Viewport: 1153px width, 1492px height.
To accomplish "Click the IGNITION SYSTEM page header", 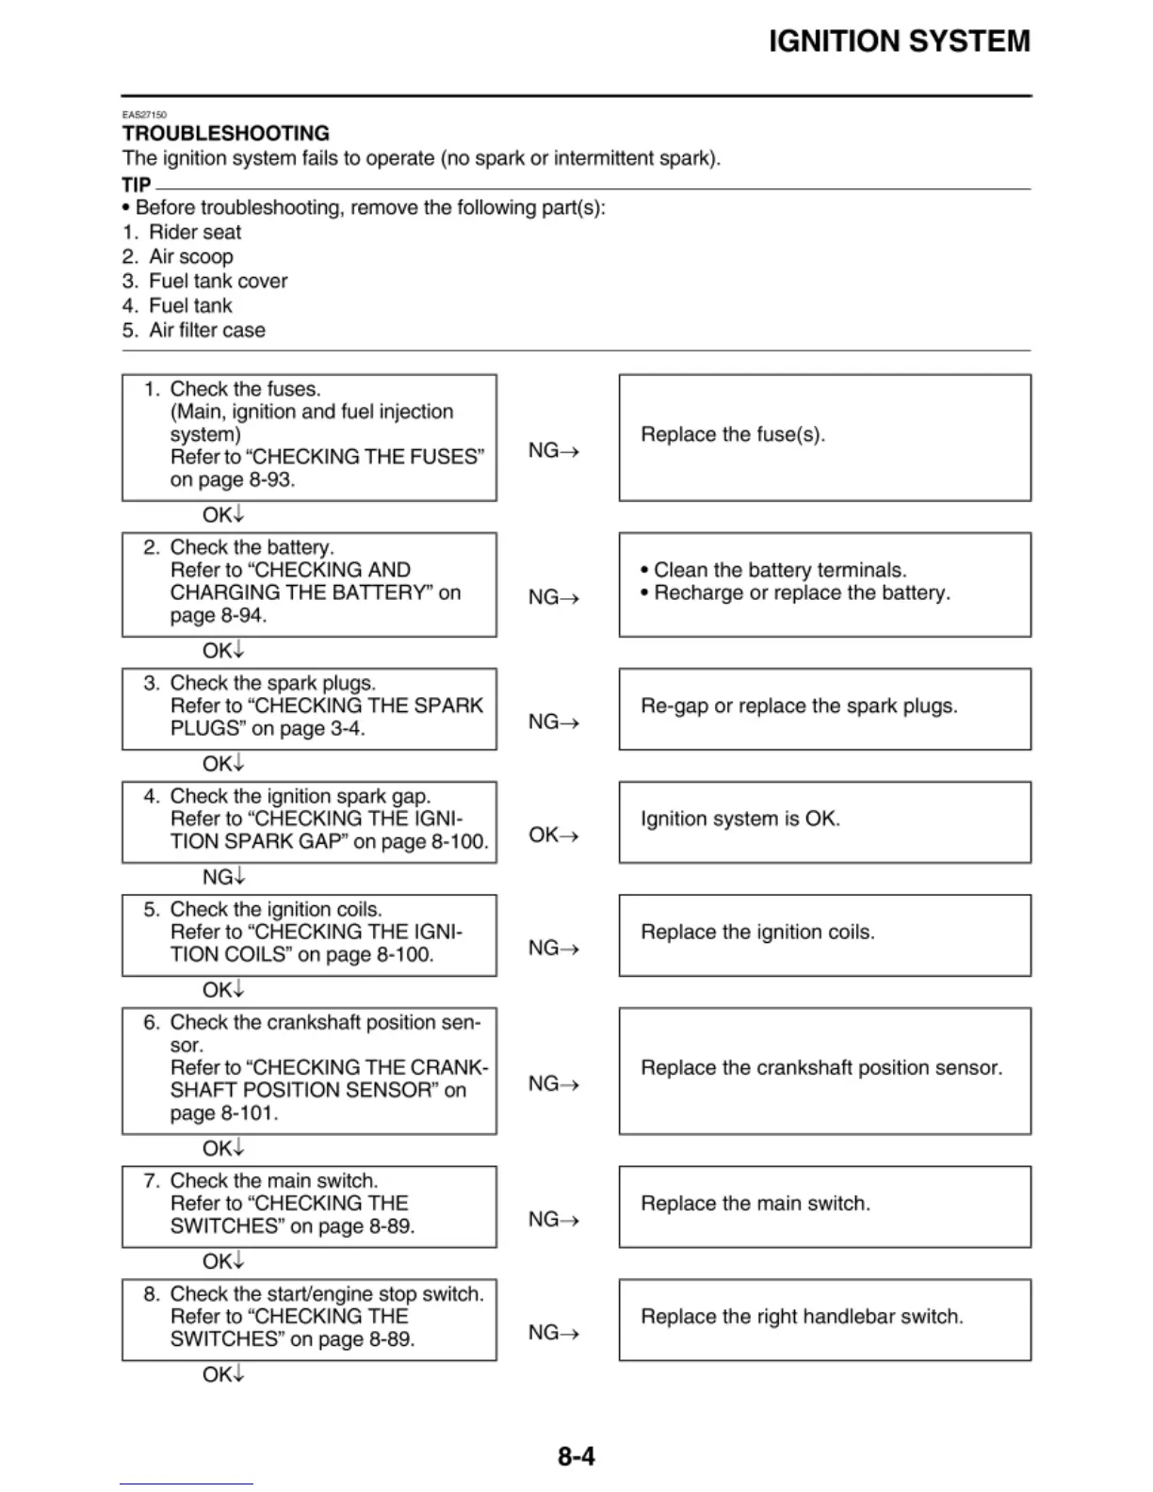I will pyautogui.click(x=899, y=41).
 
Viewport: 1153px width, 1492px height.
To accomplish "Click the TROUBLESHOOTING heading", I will pyautogui.click(x=226, y=134).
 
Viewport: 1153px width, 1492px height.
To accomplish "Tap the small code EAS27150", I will pyautogui.click(x=144, y=115).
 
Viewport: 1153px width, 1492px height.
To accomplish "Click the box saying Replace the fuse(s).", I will pyautogui.click(x=824, y=437).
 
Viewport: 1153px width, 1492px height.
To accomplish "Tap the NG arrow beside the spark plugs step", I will pyautogui.click(x=553, y=722).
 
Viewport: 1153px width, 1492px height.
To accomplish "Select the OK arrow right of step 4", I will pyautogui.click(x=553, y=835).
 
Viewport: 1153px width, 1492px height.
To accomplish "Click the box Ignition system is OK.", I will pyautogui.click(x=824, y=821).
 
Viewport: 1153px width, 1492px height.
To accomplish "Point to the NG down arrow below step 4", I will pyautogui.click(x=223, y=877).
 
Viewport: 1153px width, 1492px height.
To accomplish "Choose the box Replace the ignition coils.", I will pyautogui.click(x=824, y=934).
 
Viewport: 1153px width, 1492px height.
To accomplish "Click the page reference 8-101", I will pyautogui.click(x=248, y=1112).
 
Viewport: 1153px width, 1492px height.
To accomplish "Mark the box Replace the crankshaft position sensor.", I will pyautogui.click(x=824, y=1070).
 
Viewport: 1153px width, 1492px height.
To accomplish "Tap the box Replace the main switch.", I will pyautogui.click(x=824, y=1206).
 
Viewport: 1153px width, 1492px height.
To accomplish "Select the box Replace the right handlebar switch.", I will pyautogui.click(x=824, y=1319).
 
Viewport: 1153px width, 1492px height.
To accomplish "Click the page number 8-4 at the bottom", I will pyautogui.click(x=576, y=1456).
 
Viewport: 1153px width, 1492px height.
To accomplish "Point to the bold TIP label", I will pyautogui.click(x=136, y=185).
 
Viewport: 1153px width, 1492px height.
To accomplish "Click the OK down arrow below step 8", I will pyautogui.click(x=223, y=1374).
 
